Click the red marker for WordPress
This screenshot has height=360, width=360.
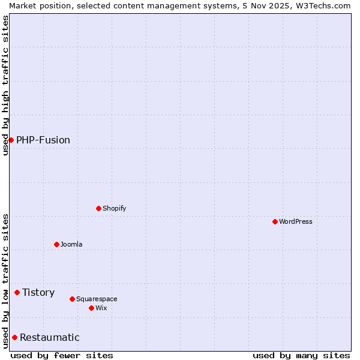(x=275, y=221)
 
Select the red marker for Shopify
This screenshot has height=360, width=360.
(x=99, y=208)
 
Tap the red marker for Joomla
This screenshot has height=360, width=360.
(x=57, y=244)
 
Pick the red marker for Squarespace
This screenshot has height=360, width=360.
(x=73, y=299)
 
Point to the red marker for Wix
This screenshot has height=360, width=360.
(x=92, y=308)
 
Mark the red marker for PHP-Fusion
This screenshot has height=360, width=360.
(x=11, y=140)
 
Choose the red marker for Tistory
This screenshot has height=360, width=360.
(x=17, y=292)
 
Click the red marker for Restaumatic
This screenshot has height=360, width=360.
(x=15, y=337)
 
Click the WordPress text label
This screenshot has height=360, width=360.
(x=296, y=221)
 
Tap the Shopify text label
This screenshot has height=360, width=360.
(x=115, y=208)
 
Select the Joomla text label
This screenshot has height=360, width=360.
(x=71, y=244)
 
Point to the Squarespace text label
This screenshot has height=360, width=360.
(x=97, y=299)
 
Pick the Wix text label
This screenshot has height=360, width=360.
(x=101, y=308)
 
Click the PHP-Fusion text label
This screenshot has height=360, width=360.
(x=43, y=140)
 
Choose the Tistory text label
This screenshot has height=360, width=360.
(x=38, y=292)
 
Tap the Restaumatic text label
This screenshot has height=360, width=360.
(x=50, y=337)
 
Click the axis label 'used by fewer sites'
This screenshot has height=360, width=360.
(x=62, y=355)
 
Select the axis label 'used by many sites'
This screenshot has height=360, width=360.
(x=301, y=355)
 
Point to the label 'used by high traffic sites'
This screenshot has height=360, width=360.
(x=5, y=85)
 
